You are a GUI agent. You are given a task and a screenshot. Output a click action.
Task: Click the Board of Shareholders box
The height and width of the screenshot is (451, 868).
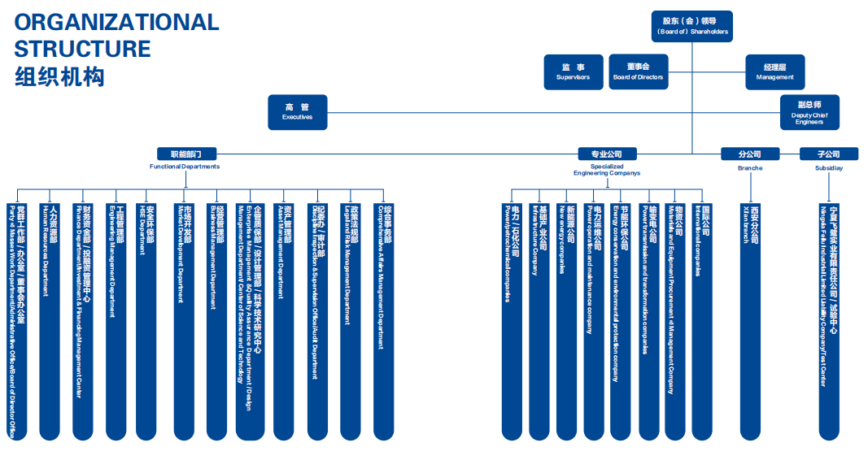click(692, 25)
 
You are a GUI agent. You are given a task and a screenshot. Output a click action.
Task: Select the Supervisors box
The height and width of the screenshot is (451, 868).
click(574, 72)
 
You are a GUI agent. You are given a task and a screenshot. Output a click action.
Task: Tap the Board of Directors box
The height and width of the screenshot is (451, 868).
click(639, 72)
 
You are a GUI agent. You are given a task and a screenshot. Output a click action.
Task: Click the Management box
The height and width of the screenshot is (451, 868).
click(774, 72)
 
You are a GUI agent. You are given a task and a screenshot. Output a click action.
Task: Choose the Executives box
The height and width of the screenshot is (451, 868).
click(297, 112)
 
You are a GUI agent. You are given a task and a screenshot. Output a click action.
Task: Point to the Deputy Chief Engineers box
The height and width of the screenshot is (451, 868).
click(809, 112)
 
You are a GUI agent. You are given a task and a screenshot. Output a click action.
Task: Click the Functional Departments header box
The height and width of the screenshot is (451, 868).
click(185, 154)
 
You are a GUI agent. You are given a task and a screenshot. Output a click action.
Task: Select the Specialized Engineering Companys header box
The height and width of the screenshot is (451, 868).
click(606, 154)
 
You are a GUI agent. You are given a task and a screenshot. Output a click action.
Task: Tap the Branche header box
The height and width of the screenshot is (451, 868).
click(749, 154)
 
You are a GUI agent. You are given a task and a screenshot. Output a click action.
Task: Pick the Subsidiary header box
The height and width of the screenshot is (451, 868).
click(829, 154)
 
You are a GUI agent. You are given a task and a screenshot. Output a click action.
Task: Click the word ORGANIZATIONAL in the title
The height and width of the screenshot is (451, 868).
click(117, 22)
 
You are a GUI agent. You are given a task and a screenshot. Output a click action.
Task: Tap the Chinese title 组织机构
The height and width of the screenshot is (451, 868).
click(59, 77)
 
